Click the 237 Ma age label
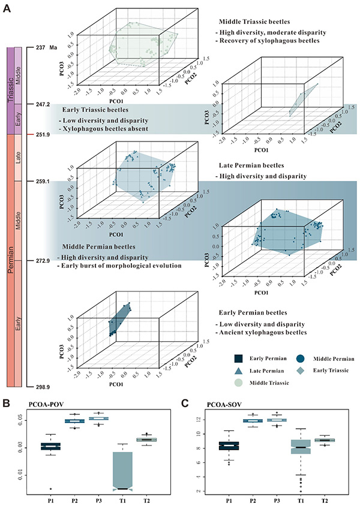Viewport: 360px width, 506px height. coord(45,47)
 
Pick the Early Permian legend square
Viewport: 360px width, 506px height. coord(239,359)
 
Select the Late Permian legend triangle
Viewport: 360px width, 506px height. coord(239,371)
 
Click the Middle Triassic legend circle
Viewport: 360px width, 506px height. coord(239,382)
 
